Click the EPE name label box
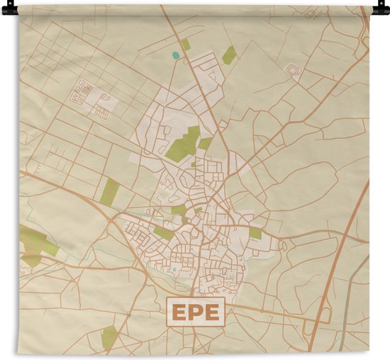tap(195, 310)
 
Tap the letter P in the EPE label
tap(195, 310)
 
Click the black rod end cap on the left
tap(6, 9)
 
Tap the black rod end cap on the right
tap(384, 9)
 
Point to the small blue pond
tap(176, 55)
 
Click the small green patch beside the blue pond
tap(186, 45)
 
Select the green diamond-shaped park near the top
tap(228, 55)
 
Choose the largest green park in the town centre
tap(184, 143)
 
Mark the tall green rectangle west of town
tap(109, 191)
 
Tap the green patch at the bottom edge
tap(108, 337)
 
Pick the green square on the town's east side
tap(255, 233)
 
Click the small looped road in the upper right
tap(294, 70)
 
